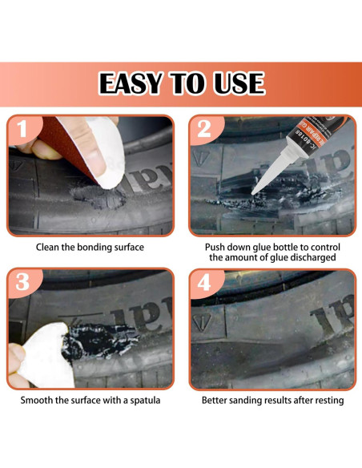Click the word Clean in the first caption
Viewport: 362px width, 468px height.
click(x=50, y=248)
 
